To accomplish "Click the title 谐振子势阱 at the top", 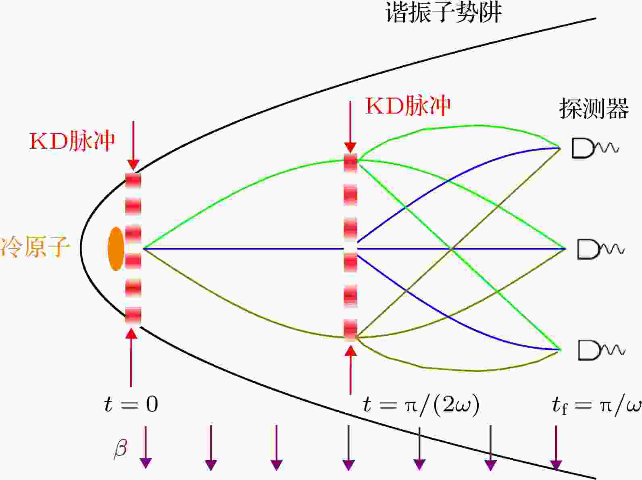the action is click(x=444, y=12).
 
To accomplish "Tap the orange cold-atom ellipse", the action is click(x=116, y=249).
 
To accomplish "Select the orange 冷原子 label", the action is click(x=35, y=247).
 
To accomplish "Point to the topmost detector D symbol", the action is click(x=595, y=148).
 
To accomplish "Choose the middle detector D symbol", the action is click(x=601, y=249).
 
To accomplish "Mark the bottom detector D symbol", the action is click(x=601, y=350).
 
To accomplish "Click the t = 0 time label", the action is click(x=131, y=405).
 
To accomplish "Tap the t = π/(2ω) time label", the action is click(x=421, y=405).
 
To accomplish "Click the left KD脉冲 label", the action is click(x=72, y=141).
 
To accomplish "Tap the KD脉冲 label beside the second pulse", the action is click(x=408, y=106).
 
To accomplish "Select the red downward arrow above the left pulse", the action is click(x=133, y=145).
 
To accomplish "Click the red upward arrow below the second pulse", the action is click(x=350, y=370).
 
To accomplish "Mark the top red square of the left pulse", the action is click(x=133, y=181).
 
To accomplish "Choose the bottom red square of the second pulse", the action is click(x=350, y=330).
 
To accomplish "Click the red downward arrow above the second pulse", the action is click(x=350, y=127).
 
